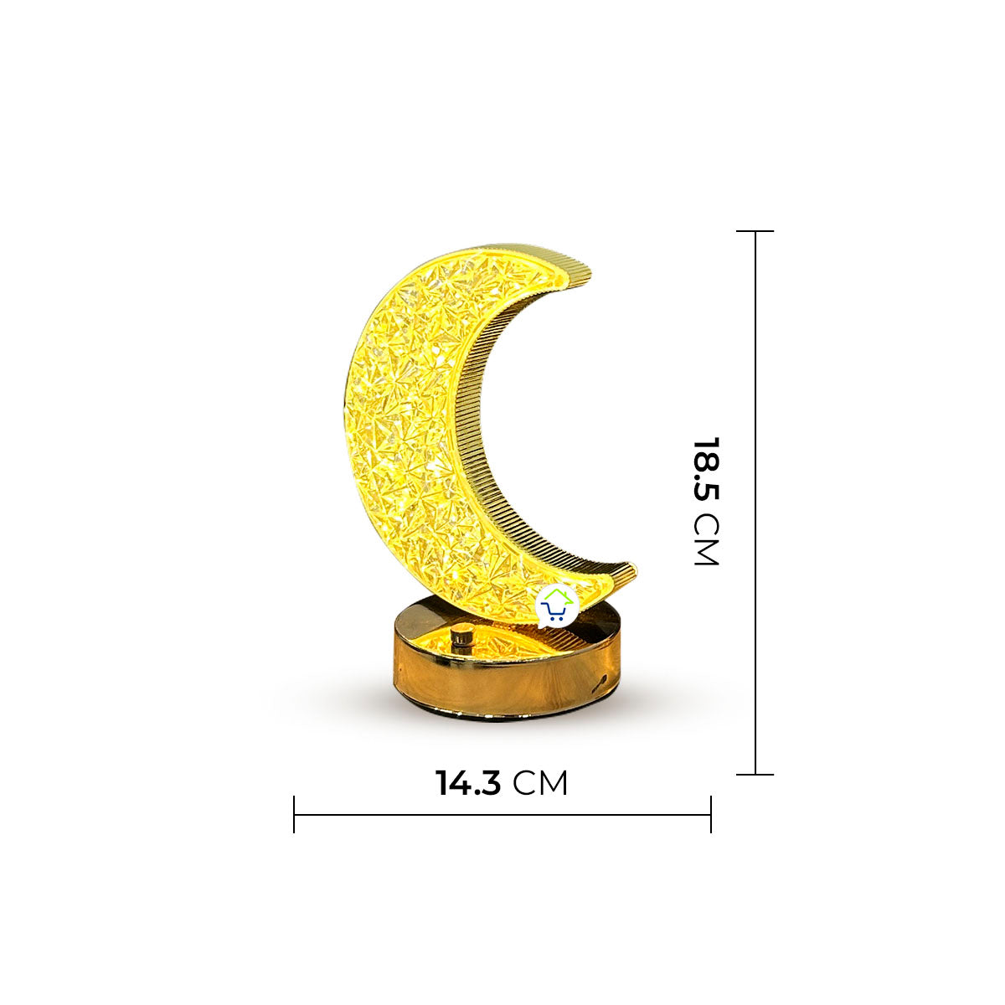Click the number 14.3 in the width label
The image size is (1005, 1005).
coord(468,782)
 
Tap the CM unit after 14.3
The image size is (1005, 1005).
coord(540,783)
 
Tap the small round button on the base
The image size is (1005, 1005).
coord(460,639)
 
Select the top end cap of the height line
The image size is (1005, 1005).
coord(755,231)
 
